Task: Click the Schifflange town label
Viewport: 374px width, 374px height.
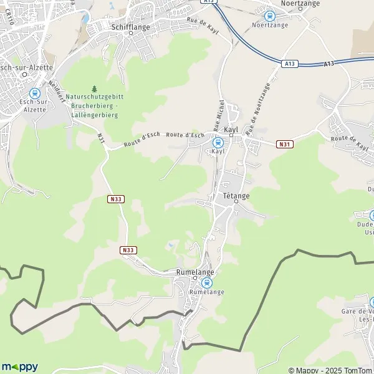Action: pos(130,27)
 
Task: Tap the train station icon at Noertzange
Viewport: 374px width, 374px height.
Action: pos(269,16)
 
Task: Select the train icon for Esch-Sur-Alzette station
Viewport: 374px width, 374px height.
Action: pos(34,93)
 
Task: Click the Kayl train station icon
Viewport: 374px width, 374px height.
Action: pos(217,142)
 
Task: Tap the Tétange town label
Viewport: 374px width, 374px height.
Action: pos(236,196)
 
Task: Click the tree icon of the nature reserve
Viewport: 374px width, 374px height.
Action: pos(95,89)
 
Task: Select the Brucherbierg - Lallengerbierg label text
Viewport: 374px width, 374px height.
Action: pos(95,106)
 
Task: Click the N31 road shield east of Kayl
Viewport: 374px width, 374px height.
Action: pos(285,145)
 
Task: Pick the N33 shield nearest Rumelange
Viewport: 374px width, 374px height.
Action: pos(128,250)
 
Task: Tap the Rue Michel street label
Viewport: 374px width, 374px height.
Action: pos(220,112)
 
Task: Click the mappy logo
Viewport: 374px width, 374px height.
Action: pos(20,367)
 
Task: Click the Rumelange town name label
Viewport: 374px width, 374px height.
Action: pos(196,272)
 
